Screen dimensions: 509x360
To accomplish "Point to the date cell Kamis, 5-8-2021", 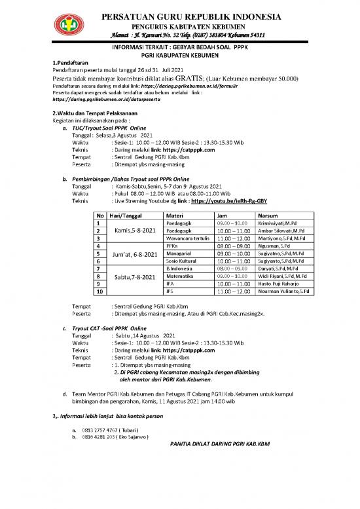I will [135, 231].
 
